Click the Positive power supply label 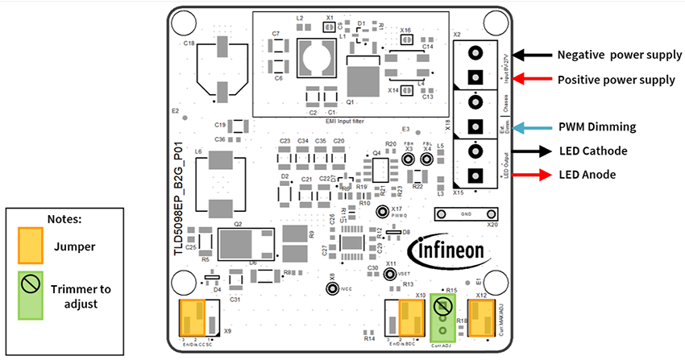(616, 80)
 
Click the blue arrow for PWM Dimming (521, 127)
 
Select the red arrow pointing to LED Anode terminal (521, 174)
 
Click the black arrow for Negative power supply (521, 56)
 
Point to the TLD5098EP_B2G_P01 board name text (179, 206)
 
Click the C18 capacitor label (189, 43)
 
